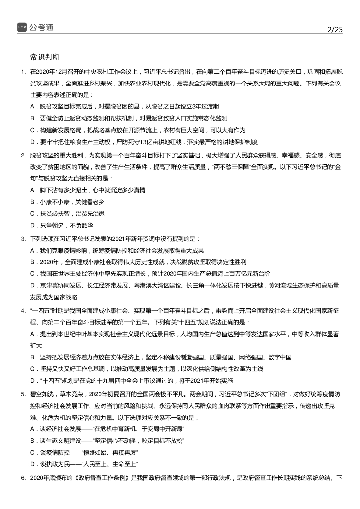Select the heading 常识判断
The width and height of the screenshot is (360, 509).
click(x=44, y=56)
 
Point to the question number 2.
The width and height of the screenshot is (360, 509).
click(x=23, y=155)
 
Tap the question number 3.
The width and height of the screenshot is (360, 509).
click(x=23, y=239)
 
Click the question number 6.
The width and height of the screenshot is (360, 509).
click(x=23, y=478)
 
